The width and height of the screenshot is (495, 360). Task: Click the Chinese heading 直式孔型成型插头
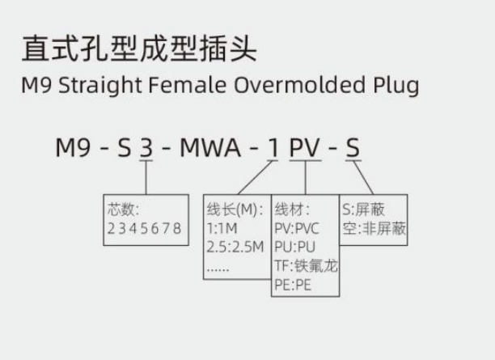pyautogui.click(x=139, y=50)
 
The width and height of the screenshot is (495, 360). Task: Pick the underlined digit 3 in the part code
pyautogui.click(x=145, y=148)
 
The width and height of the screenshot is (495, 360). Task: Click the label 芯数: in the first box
pyautogui.click(x=125, y=210)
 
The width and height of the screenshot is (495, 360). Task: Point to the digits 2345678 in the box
pyautogui.click(x=144, y=229)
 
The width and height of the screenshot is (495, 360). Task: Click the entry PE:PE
pyautogui.click(x=294, y=285)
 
